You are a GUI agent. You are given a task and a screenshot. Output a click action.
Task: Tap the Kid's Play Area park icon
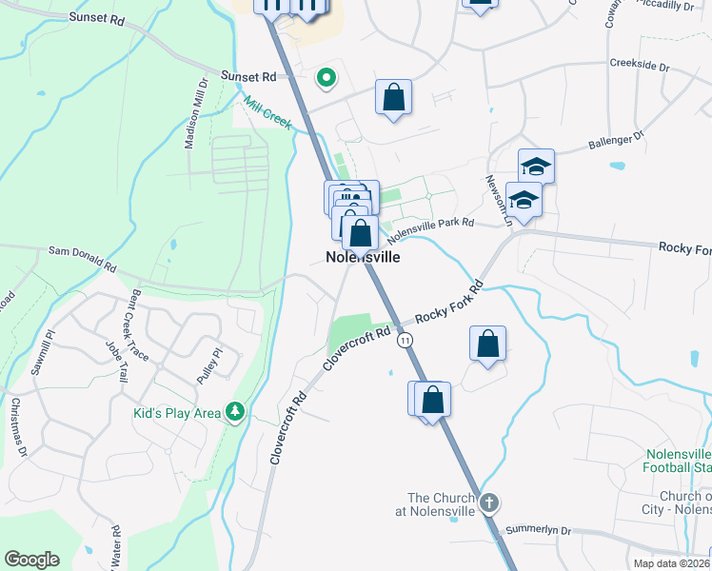[235, 412]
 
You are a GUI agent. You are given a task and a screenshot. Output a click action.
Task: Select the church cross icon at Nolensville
[488, 502]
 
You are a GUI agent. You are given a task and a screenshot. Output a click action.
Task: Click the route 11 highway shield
[406, 340]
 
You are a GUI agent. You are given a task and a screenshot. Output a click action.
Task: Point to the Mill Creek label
[266, 112]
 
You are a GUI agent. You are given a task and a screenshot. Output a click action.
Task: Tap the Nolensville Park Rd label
[430, 226]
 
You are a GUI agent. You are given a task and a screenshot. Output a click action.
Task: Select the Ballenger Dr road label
[616, 141]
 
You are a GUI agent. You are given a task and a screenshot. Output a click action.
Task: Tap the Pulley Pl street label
[208, 365]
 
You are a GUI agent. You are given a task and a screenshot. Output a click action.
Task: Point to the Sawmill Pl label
[39, 352]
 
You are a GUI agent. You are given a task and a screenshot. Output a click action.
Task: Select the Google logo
[31, 559]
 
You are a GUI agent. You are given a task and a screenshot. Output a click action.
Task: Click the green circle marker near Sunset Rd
[326, 78]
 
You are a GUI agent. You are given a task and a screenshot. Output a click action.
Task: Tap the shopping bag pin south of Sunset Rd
[393, 97]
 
